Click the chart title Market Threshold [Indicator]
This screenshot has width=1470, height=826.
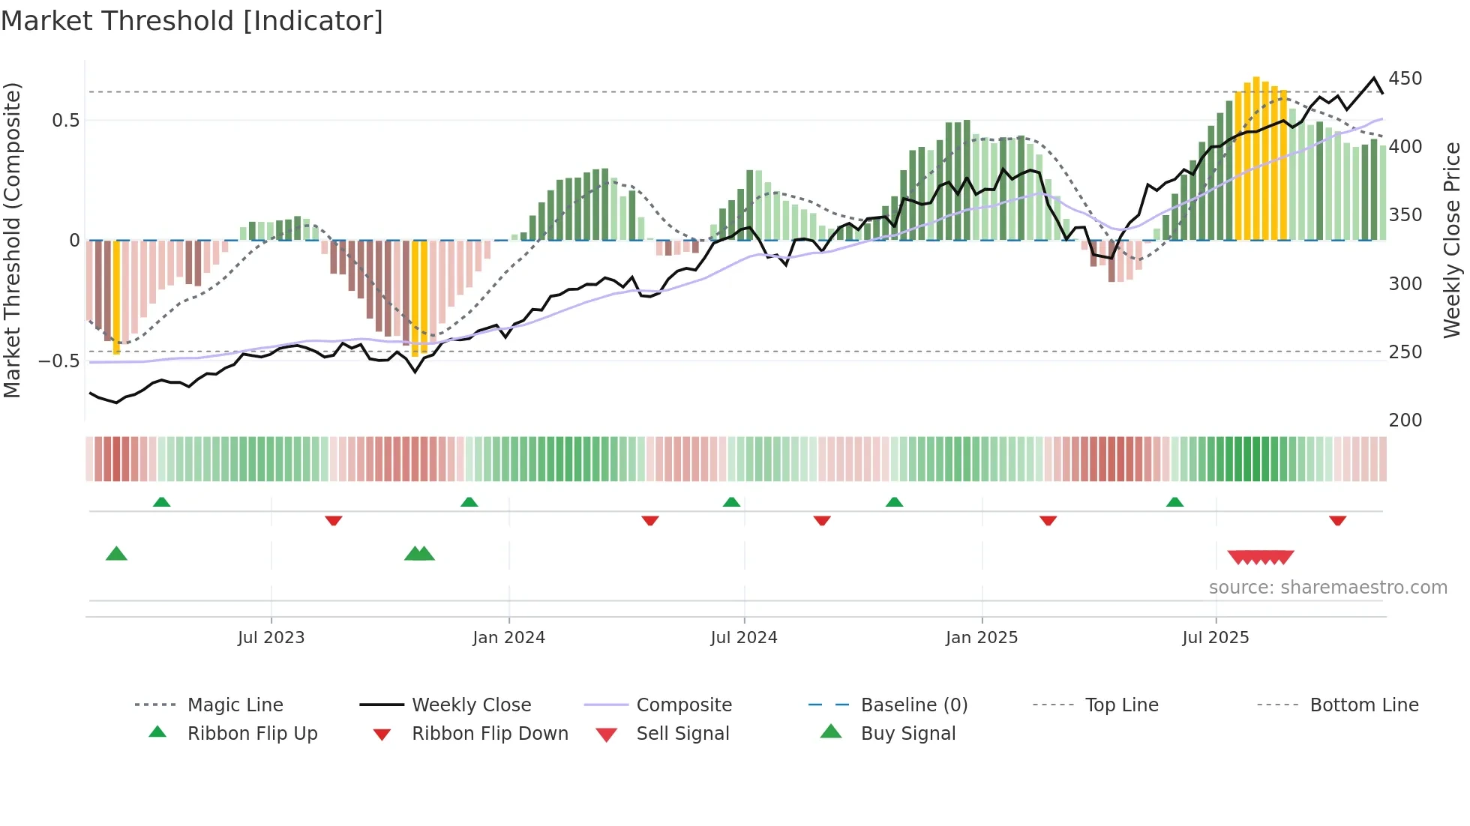point(192,21)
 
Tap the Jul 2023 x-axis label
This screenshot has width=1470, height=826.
point(271,638)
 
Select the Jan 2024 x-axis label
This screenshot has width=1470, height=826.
point(508,638)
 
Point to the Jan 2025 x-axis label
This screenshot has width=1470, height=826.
point(981,638)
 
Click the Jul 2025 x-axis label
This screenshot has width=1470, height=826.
point(1215,638)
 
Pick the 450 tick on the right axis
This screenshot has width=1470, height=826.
point(1405,79)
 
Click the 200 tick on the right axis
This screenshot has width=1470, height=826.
point(1405,420)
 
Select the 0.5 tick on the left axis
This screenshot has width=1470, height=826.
point(65,121)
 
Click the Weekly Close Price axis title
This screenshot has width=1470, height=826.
point(1452,240)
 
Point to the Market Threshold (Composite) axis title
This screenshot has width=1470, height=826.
point(12,240)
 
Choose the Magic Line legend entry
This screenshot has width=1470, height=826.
point(235,705)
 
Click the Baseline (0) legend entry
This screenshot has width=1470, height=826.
point(913,705)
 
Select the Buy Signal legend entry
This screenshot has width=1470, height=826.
point(907,734)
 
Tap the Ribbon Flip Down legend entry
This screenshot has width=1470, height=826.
point(489,734)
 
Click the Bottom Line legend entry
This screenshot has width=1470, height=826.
point(1363,705)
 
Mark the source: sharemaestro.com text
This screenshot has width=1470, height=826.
point(1327,588)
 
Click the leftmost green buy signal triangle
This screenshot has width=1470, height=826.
point(116,554)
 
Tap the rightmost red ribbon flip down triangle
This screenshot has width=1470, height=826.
point(1337,520)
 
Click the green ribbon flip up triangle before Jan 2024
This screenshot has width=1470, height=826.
point(469,501)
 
